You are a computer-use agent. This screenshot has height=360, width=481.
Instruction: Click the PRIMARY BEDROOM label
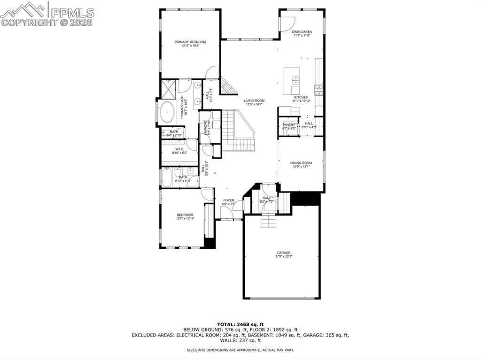(190, 42)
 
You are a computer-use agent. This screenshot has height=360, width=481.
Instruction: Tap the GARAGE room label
(283, 253)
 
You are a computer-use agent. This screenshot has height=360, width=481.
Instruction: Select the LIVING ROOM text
(254, 100)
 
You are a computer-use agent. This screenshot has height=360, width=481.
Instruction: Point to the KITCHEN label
(301, 97)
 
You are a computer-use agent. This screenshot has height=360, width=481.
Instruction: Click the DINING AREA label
(302, 32)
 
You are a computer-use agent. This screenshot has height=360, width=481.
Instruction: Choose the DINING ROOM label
(301, 163)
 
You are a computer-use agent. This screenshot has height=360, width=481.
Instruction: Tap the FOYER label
(228, 200)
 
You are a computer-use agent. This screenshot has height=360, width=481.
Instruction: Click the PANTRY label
(289, 124)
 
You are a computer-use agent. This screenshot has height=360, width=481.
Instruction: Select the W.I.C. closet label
(179, 149)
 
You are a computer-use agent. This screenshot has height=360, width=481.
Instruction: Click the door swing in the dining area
(287, 23)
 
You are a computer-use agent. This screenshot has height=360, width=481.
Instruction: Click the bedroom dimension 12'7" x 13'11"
(185, 218)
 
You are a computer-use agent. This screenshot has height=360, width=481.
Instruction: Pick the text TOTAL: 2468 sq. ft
(240, 324)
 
